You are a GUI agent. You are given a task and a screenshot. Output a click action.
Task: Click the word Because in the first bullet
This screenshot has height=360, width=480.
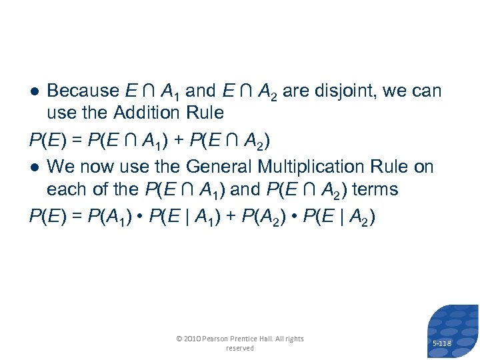coord(83,90)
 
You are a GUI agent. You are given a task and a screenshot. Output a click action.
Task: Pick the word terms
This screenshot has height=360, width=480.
coord(375,189)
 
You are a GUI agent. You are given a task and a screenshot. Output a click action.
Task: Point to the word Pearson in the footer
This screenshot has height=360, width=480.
coord(221,339)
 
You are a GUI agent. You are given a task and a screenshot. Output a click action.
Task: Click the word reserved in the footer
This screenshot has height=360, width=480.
coord(240,348)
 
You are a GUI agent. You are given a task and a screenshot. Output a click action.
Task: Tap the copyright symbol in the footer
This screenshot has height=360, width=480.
coord(179,339)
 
